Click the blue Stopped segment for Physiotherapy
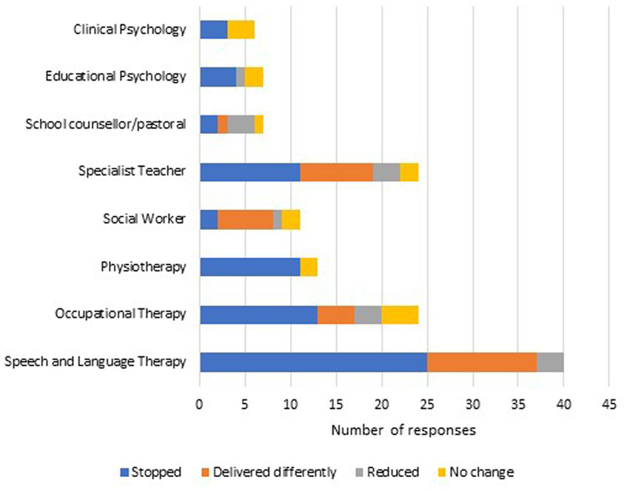249,266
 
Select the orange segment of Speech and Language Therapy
481,362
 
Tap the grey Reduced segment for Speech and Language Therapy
549,362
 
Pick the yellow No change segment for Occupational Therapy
400,314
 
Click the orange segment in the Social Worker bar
245,219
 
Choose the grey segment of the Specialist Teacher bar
386,172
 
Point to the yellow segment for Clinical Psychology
241,30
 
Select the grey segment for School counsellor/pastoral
241,124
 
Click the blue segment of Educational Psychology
218,77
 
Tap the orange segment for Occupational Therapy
335,314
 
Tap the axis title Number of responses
403,430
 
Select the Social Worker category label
144,219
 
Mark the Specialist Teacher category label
132,172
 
